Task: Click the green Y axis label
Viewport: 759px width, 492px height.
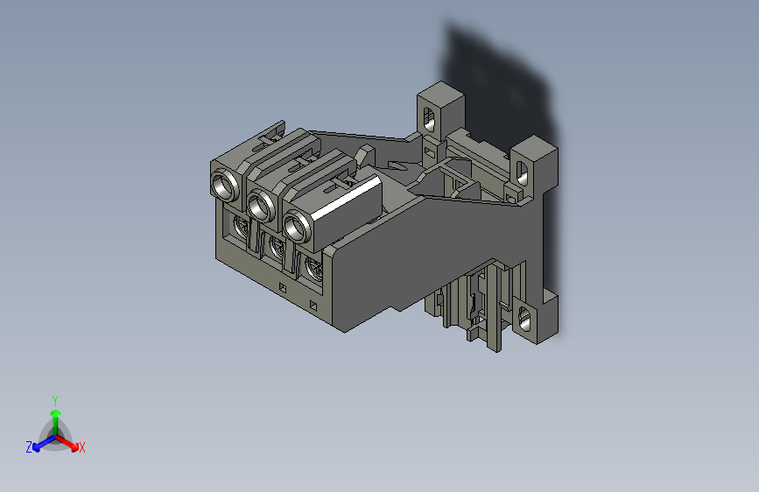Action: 54,399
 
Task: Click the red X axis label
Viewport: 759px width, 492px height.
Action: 82,448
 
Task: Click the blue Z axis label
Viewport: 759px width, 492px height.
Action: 29,447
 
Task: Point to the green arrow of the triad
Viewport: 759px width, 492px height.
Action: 55,416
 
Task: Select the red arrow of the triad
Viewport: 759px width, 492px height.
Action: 69,442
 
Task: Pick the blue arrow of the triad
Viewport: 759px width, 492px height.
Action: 40,443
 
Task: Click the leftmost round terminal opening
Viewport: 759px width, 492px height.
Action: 224,186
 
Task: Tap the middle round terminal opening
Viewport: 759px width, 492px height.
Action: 259,206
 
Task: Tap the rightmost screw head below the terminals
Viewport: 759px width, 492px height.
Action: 312,270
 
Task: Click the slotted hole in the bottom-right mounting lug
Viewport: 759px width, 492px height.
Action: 526,319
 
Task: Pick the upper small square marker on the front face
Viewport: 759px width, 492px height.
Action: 283,287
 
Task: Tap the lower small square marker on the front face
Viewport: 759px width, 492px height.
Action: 313,306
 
